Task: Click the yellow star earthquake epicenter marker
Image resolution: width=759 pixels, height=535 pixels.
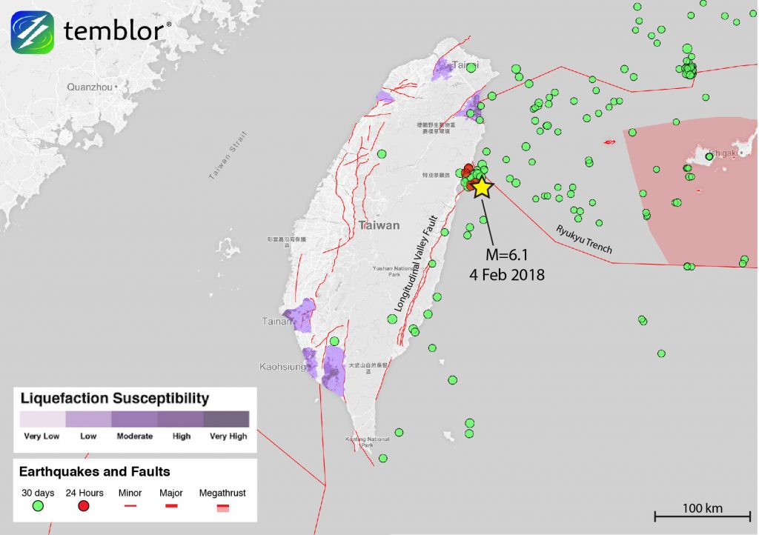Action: (x=483, y=187)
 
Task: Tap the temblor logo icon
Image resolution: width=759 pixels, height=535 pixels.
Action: (x=32, y=32)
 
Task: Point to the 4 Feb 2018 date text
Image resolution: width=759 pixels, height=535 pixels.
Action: (x=508, y=275)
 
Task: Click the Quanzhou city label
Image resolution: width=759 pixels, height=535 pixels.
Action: (x=90, y=87)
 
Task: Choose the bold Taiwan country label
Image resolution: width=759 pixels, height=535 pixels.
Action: (x=379, y=225)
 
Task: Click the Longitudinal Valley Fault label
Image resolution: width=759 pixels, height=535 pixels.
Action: (x=422, y=263)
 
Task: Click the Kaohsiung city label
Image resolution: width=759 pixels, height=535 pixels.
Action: (x=282, y=367)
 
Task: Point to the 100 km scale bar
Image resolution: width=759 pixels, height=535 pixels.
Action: (x=703, y=512)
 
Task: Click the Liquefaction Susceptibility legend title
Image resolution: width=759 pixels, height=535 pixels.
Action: (x=114, y=399)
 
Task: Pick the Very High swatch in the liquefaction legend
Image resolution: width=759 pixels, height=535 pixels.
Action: (x=226, y=419)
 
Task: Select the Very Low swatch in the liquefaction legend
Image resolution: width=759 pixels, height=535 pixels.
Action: (x=42, y=419)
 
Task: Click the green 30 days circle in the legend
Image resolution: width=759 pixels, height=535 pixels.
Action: (x=38, y=507)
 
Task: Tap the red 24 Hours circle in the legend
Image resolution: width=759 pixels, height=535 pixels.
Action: (x=84, y=507)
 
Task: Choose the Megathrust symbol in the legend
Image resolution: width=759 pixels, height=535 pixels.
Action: (x=222, y=507)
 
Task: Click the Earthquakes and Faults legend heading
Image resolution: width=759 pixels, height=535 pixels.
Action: (x=94, y=471)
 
